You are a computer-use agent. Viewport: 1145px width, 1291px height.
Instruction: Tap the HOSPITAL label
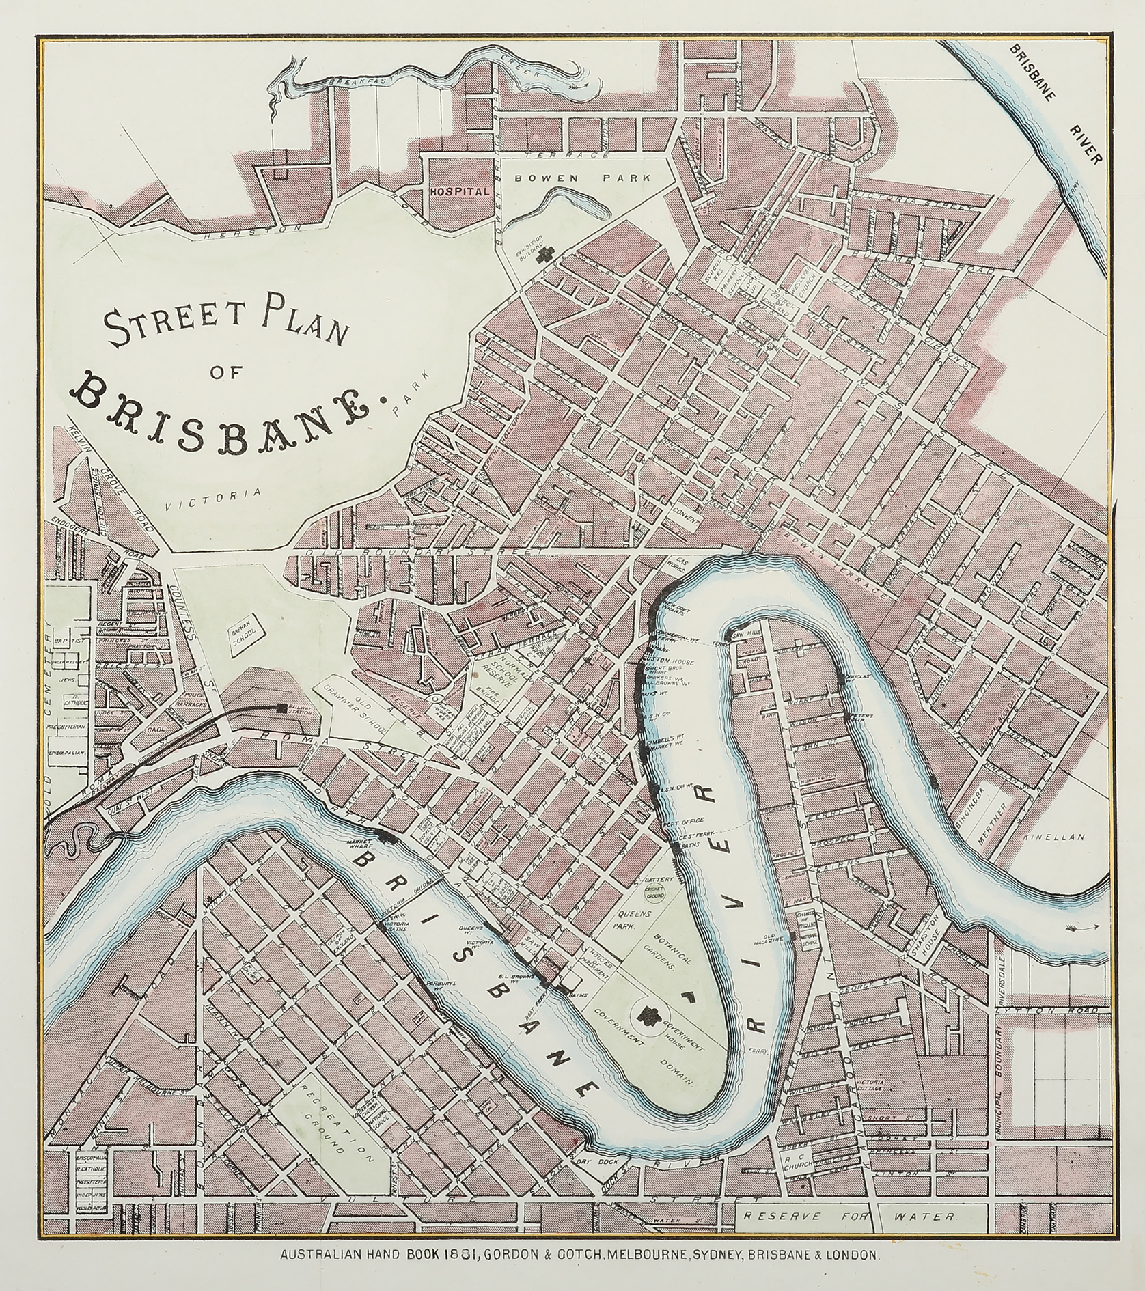pyautogui.click(x=460, y=191)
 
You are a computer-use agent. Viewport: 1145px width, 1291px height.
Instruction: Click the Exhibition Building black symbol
pyautogui.click(x=544, y=255)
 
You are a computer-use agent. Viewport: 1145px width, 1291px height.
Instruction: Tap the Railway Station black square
pyautogui.click(x=281, y=708)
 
